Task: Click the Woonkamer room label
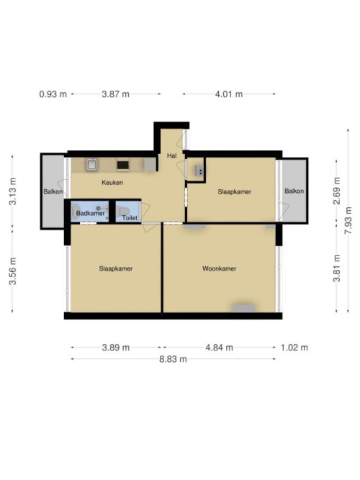[x=219, y=268]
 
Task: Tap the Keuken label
[x=112, y=183]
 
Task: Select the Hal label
[x=171, y=155]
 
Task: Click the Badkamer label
[x=90, y=213]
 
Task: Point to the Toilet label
[x=130, y=217]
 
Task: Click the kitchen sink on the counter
[x=92, y=164]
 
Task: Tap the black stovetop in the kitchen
[x=123, y=165]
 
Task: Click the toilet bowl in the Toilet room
[x=123, y=211]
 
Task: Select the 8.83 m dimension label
[x=173, y=359]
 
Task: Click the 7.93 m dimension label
[x=348, y=220]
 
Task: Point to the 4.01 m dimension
[x=228, y=94]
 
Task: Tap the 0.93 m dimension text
[x=53, y=94]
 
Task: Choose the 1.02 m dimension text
[x=294, y=348]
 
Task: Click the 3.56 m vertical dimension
[x=12, y=271]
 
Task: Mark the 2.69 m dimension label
[x=336, y=191]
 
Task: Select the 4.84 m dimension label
[x=219, y=348]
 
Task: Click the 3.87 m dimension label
[x=115, y=94]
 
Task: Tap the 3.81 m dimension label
[x=336, y=268]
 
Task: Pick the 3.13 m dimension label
[x=12, y=191]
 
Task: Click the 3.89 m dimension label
[x=115, y=348]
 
